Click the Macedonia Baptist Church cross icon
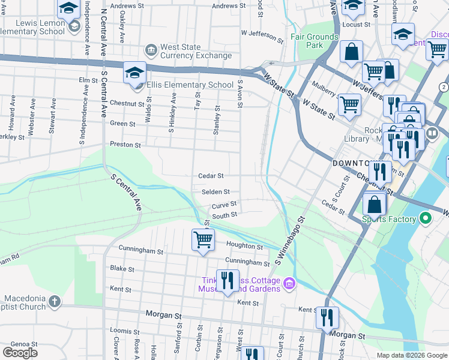point(55,301)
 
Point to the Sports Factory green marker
point(426,219)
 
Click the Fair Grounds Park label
point(315,41)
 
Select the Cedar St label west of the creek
point(211,176)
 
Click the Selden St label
point(215,192)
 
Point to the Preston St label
point(125,145)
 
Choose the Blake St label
point(122,269)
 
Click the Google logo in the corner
point(20,352)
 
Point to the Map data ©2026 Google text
point(411,355)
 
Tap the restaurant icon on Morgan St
point(327,318)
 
